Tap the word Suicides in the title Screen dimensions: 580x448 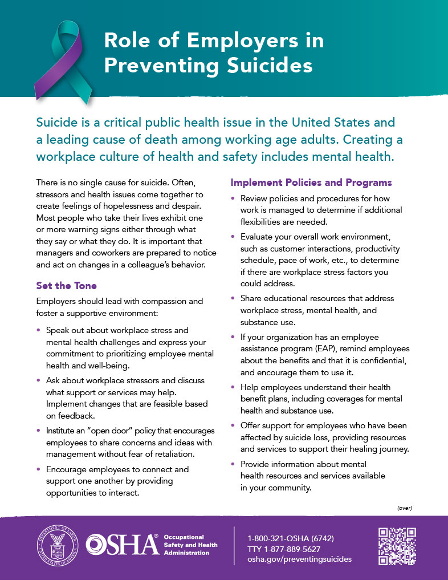[x=263, y=65]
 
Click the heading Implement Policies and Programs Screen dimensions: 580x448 [x=311, y=182]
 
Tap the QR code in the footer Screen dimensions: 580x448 [x=397, y=546]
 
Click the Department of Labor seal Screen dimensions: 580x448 [x=58, y=546]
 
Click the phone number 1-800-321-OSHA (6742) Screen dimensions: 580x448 [x=291, y=538]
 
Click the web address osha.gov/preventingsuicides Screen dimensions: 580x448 [x=300, y=559]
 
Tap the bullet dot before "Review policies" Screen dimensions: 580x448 [x=233, y=198]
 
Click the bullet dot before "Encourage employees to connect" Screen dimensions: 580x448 [x=38, y=469]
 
